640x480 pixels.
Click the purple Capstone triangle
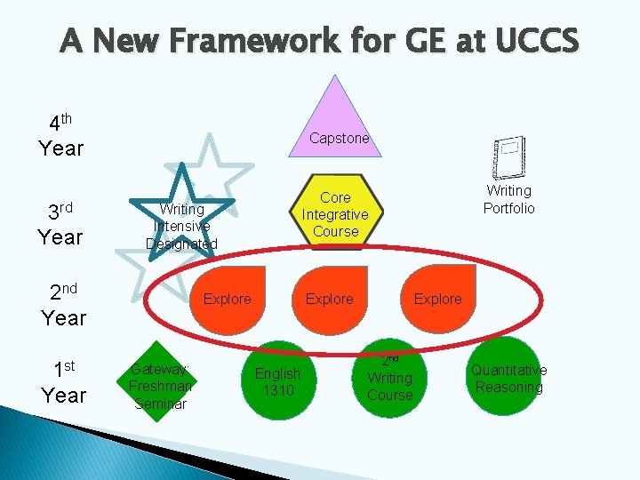335,120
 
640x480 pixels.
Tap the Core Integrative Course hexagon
335,214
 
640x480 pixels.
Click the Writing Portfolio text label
508,199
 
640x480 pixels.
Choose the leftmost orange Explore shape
228,294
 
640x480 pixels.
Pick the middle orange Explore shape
329,294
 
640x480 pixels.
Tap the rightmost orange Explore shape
437,294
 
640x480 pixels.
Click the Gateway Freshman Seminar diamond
160,382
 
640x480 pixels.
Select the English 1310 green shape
278,380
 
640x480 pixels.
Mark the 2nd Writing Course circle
390,378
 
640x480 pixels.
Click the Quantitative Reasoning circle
508,377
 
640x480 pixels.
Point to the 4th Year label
60,135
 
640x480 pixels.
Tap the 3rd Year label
60,224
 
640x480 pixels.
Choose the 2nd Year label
62,304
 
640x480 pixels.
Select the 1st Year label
62,382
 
